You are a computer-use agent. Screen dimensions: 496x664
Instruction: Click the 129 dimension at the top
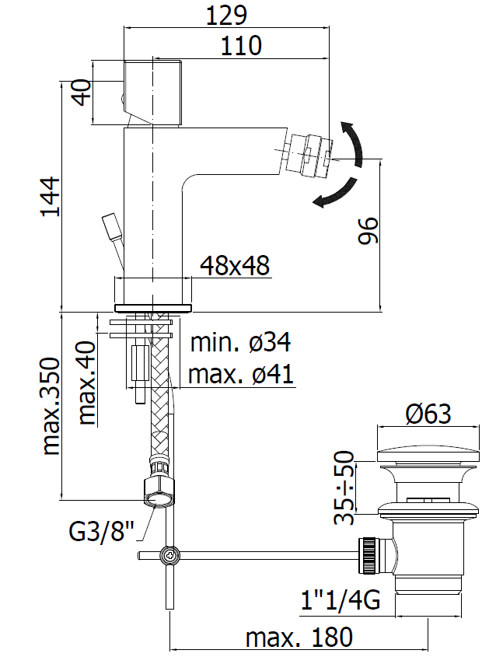(x=226, y=16)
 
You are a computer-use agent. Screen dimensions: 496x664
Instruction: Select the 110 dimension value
(x=241, y=46)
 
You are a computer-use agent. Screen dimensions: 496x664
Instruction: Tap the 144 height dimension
(x=51, y=197)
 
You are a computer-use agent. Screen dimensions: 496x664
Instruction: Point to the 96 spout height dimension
(x=367, y=230)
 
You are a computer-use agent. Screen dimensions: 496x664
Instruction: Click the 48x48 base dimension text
(x=235, y=266)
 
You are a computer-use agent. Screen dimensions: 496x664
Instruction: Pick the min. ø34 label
(x=240, y=342)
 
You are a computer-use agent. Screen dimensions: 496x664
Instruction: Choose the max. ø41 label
(x=240, y=374)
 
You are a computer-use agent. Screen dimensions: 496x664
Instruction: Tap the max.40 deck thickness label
(x=88, y=383)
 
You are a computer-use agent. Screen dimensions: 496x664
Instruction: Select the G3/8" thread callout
(x=101, y=531)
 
